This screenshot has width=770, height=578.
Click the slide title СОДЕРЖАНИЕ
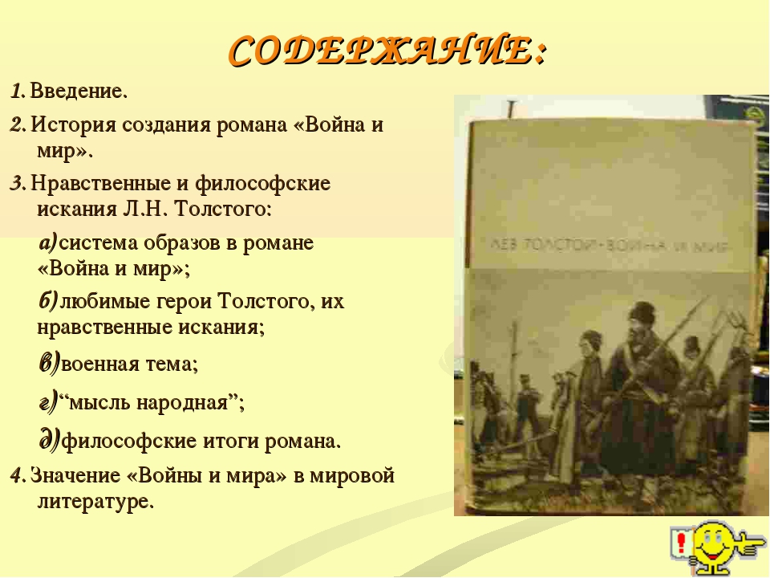point(387,51)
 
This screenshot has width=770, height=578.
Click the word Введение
point(79,91)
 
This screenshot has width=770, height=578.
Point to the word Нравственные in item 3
point(100,183)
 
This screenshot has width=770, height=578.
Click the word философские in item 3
point(263,184)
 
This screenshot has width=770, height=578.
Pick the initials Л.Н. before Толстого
point(144,209)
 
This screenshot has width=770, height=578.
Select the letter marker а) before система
point(48,242)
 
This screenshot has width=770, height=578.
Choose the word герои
point(183,301)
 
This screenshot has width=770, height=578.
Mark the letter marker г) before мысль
point(48,401)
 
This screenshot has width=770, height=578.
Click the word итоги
point(231,441)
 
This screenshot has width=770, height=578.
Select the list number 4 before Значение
point(17,476)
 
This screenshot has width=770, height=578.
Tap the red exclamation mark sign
point(682,543)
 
